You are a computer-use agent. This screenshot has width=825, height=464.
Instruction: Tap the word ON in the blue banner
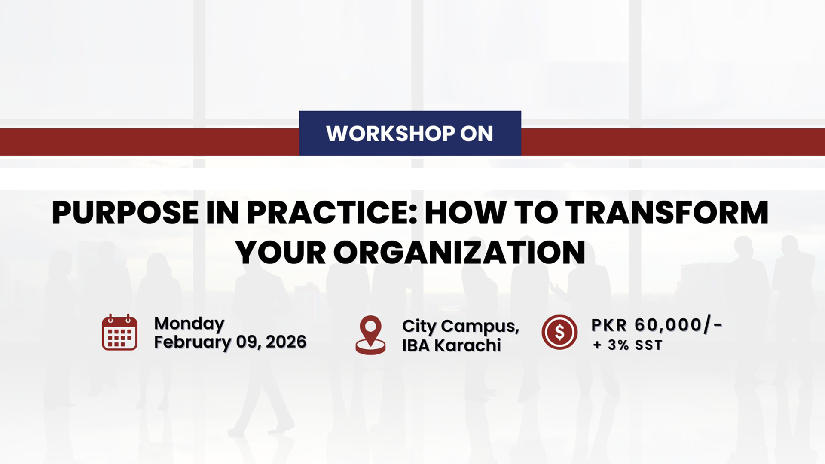click(x=477, y=134)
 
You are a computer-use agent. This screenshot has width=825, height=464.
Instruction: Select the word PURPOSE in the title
click(x=125, y=213)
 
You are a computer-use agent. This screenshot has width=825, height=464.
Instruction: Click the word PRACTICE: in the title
click(x=332, y=213)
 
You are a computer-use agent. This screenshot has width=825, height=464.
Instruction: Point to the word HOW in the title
click(x=465, y=213)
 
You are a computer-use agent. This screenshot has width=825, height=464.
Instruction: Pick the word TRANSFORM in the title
click(x=666, y=213)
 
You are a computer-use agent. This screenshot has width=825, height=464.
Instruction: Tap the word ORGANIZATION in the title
click(x=459, y=252)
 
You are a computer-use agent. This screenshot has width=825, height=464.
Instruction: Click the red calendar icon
click(x=119, y=332)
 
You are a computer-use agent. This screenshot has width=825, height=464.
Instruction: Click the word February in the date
click(x=192, y=343)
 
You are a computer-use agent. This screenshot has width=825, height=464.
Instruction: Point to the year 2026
click(x=286, y=342)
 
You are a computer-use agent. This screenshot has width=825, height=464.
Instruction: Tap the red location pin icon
click(x=370, y=335)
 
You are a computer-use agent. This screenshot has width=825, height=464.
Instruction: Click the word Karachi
click(x=467, y=345)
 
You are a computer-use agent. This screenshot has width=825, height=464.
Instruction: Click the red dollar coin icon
click(x=559, y=332)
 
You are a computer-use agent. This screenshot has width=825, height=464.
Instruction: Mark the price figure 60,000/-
click(x=678, y=325)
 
